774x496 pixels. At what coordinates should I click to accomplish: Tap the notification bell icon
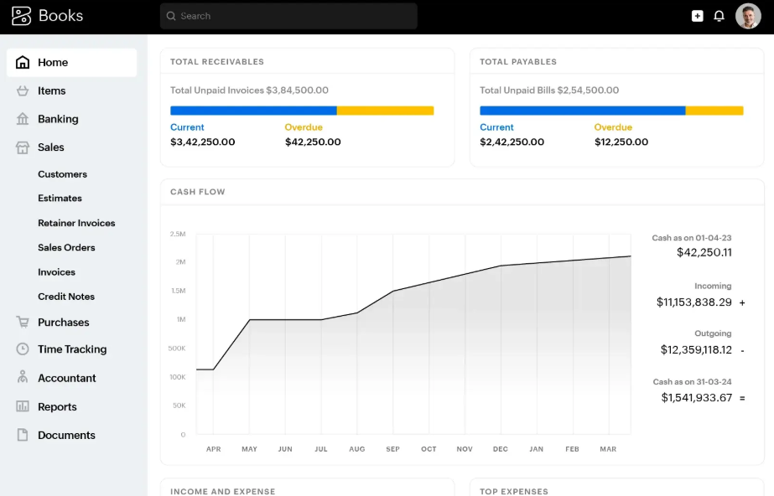(719, 16)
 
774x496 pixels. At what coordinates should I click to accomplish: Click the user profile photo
(748, 16)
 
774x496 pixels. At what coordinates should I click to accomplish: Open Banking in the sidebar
(58, 119)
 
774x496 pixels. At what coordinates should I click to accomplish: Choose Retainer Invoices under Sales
(76, 223)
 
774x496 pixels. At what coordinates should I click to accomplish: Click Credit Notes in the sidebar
(66, 297)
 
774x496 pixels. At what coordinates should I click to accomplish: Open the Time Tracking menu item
(72, 349)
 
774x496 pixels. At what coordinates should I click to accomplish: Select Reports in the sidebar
(57, 406)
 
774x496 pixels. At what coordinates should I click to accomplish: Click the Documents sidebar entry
(66, 435)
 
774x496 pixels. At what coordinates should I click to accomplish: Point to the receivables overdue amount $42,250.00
(313, 142)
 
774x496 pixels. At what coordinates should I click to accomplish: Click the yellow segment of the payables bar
(714, 111)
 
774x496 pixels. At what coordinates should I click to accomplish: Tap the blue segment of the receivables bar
(253, 111)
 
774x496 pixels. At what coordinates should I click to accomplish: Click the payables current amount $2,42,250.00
(512, 142)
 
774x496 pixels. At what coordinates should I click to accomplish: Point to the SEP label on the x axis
(392, 449)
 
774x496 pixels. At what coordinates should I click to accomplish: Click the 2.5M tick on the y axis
(178, 234)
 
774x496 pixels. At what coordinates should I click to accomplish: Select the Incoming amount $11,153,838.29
(693, 302)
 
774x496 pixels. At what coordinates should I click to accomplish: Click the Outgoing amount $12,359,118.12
(696, 349)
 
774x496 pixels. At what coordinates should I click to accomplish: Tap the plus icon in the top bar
(697, 16)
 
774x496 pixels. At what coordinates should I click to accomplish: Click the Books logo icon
(21, 16)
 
